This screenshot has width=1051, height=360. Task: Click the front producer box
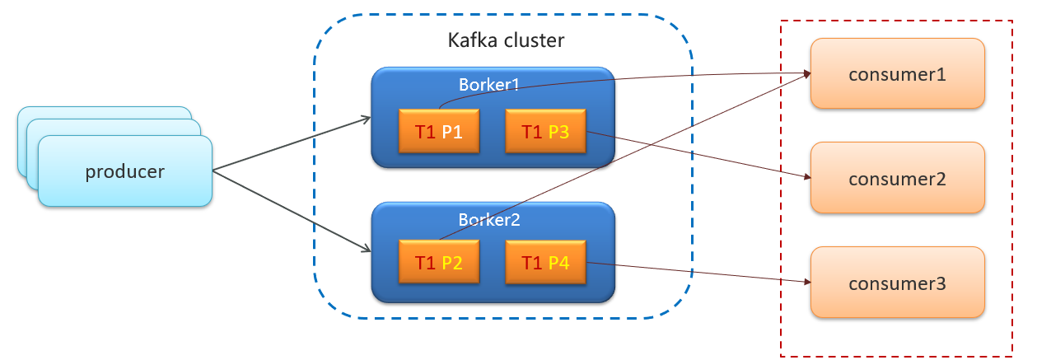[x=125, y=171]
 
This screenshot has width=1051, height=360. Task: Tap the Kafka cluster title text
[x=506, y=40]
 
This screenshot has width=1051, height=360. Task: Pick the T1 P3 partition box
[x=545, y=130]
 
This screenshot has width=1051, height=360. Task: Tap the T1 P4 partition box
[x=545, y=263]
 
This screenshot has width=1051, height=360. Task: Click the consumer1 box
[x=897, y=73]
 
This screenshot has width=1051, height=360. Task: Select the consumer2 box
[x=897, y=178]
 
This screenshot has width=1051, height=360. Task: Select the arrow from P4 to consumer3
[x=696, y=273]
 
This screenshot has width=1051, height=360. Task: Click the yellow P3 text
[x=559, y=130]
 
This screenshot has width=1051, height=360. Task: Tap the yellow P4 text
[x=559, y=263]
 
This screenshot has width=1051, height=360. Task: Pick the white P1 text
[x=451, y=130]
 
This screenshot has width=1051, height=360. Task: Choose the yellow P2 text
[x=451, y=263]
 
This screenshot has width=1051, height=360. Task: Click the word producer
[x=125, y=171]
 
